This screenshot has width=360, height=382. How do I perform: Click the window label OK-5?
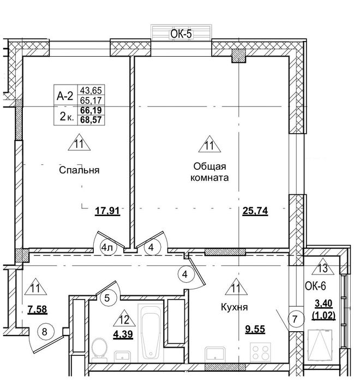click(x=181, y=34)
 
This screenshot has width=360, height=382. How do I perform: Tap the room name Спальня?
click(x=79, y=170)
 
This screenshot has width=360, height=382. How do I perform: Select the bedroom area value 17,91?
click(x=107, y=211)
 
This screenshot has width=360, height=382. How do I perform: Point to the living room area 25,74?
click(x=255, y=211)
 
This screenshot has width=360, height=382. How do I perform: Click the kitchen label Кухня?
click(x=235, y=307)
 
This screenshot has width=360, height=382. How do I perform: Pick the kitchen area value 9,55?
click(x=255, y=329)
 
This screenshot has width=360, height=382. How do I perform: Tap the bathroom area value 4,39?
click(x=123, y=334)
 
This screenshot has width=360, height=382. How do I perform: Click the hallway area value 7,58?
click(x=37, y=309)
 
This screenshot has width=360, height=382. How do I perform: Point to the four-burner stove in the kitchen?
click(x=260, y=353)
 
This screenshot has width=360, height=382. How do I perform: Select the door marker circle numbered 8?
click(x=44, y=332)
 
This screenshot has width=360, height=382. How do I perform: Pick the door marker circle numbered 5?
click(x=107, y=298)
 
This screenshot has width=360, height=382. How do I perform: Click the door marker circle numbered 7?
click(x=295, y=319)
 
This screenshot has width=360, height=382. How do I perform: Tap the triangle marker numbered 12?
click(x=124, y=318)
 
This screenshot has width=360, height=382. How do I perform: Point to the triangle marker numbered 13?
click(x=323, y=266)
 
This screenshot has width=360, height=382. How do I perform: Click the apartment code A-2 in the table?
click(x=65, y=97)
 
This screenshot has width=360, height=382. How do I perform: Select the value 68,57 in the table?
click(x=91, y=120)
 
